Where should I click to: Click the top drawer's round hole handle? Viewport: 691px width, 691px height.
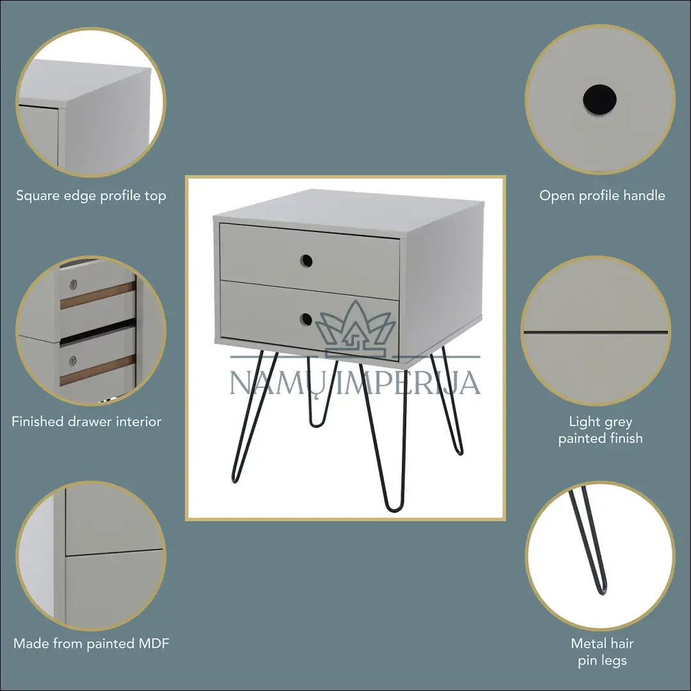(306, 261)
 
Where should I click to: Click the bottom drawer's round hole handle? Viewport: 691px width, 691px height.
(306, 319)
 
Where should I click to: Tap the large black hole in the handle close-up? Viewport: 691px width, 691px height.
(600, 100)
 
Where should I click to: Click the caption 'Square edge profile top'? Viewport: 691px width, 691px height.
(91, 196)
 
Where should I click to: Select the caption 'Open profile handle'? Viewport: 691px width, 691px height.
(602, 196)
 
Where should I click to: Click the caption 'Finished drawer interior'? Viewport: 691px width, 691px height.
(86, 422)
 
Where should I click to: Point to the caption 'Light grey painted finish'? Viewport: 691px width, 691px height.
(600, 430)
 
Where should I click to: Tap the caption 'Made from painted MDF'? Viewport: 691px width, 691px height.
(91, 644)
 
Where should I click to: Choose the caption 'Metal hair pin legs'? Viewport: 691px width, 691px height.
(602, 652)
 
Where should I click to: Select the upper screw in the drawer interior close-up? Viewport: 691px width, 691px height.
(74, 284)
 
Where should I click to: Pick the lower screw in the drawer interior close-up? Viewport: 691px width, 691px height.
(73, 361)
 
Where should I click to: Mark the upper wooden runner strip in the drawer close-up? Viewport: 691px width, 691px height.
(98, 295)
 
